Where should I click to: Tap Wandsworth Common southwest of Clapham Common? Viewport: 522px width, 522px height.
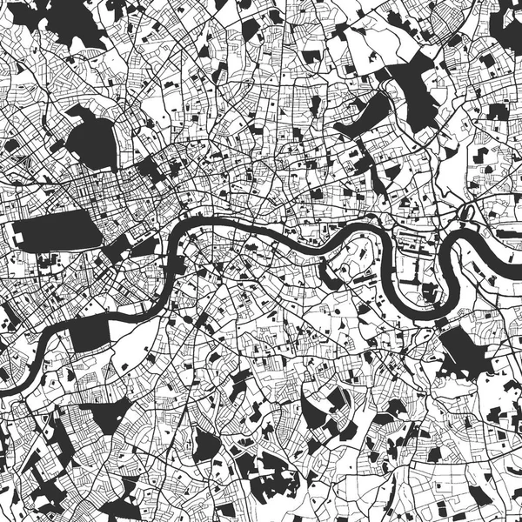(52, 444)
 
